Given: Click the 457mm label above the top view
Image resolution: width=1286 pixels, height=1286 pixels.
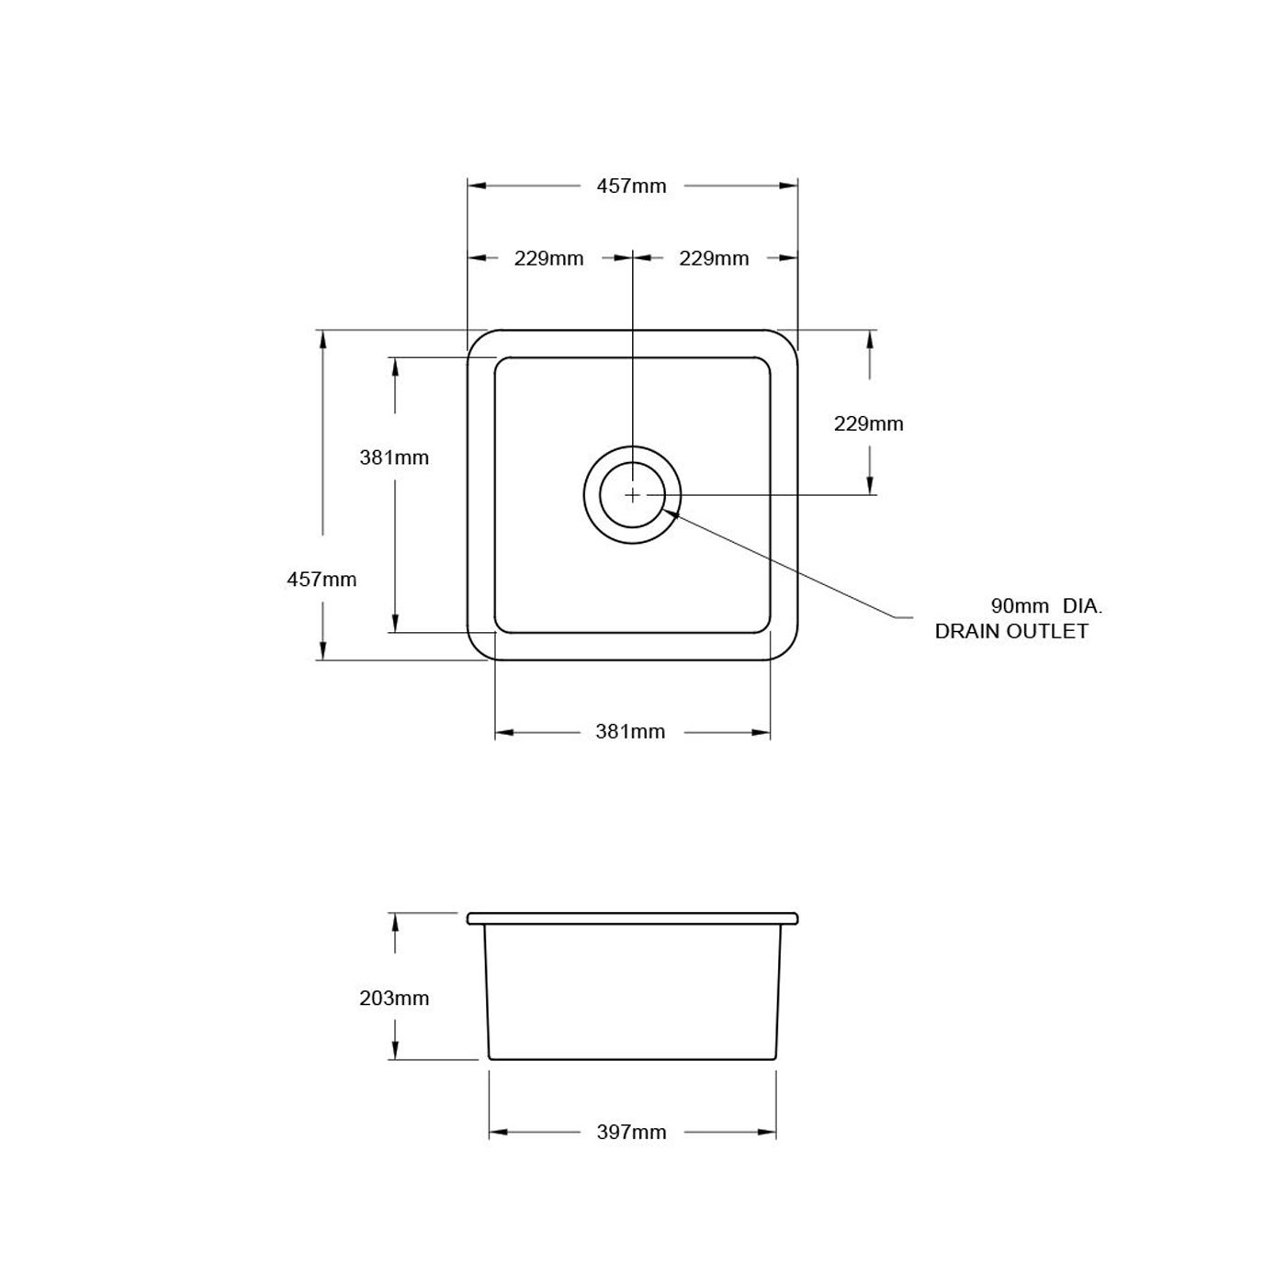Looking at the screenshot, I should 631,186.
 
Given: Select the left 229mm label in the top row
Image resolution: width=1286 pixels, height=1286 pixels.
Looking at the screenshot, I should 548,258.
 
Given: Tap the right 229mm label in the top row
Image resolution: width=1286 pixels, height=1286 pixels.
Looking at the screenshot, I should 714,258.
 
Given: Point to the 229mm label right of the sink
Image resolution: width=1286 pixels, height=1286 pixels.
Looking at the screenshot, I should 868,423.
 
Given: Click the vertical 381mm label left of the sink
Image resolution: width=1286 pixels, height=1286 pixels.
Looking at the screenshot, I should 394,457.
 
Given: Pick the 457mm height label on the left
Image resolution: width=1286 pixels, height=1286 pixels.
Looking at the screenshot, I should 321,580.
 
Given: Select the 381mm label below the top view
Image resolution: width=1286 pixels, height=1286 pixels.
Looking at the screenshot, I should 630,732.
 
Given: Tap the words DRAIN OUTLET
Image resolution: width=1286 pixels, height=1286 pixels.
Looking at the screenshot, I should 1011,631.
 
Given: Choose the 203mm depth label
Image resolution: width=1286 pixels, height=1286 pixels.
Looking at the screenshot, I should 394,998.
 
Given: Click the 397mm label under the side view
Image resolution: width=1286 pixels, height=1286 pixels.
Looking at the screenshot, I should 631,1133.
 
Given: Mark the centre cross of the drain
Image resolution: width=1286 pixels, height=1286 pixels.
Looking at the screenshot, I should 632,495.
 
